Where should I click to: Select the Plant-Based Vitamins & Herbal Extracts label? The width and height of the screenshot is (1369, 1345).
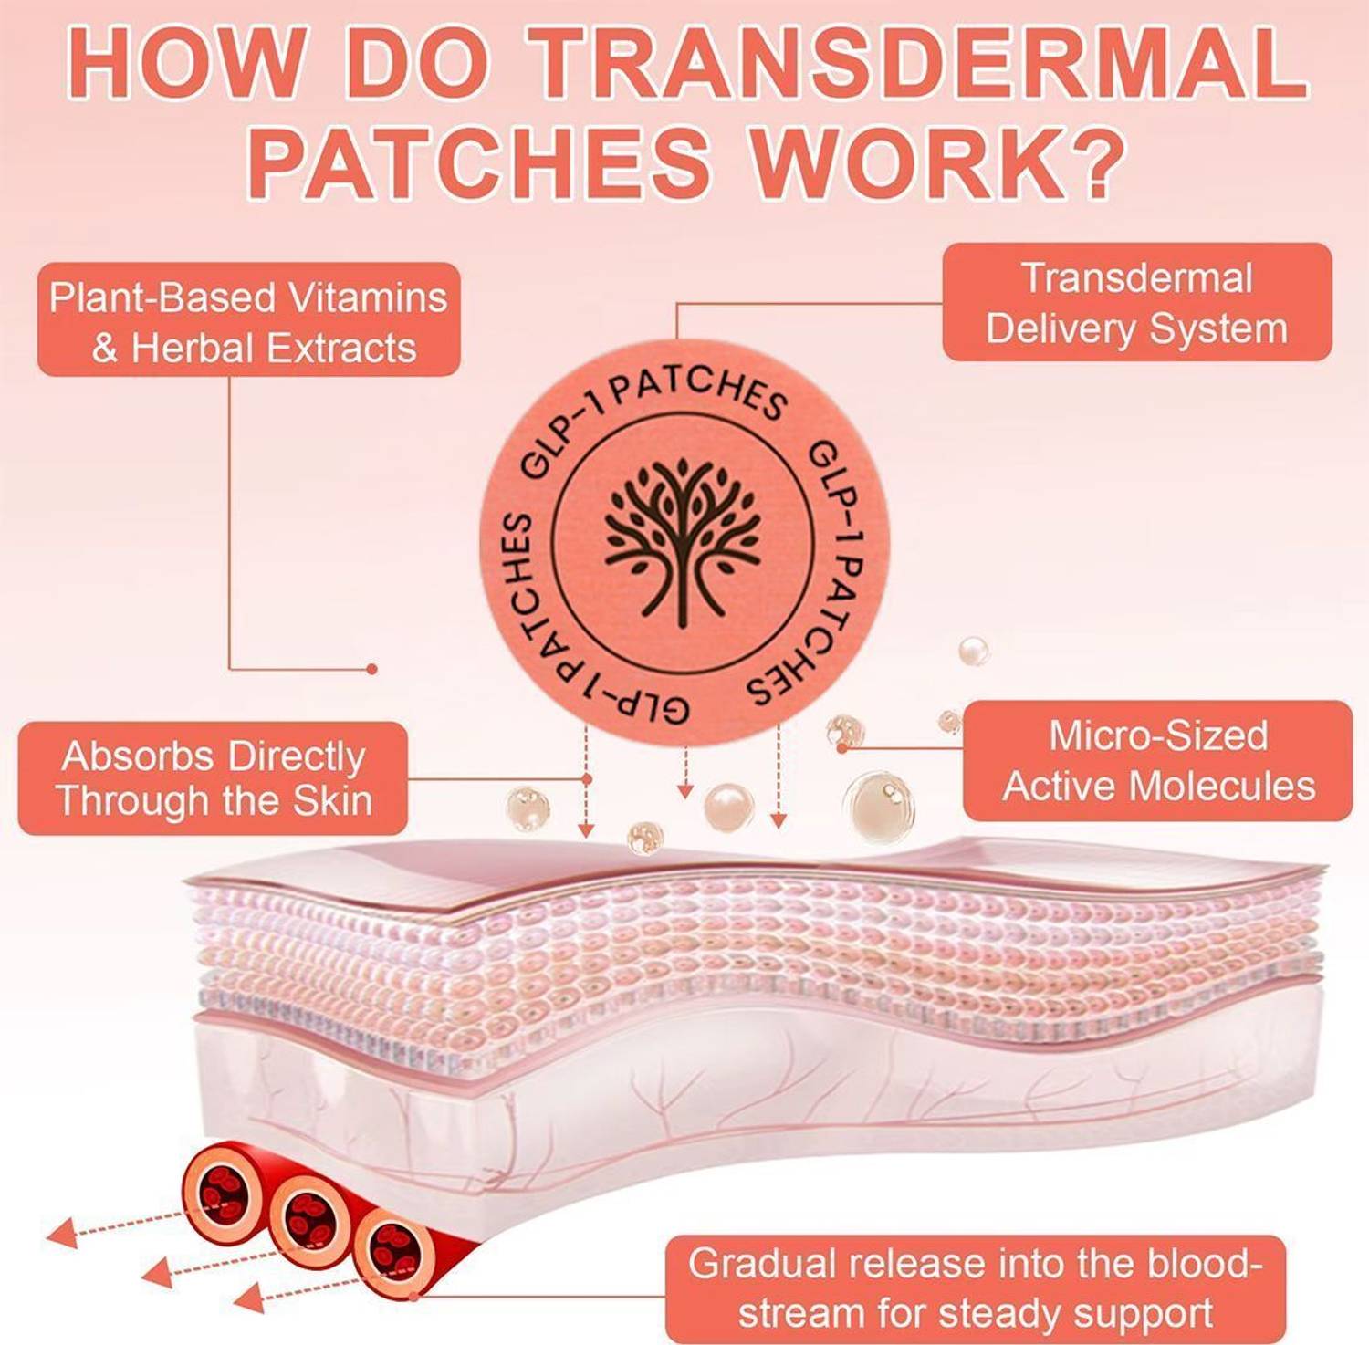coord(248,320)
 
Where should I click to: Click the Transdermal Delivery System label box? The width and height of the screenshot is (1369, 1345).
coord(1136,302)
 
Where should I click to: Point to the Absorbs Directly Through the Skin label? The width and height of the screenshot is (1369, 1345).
coord(213,778)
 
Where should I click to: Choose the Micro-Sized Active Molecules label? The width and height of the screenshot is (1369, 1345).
coord(1157,761)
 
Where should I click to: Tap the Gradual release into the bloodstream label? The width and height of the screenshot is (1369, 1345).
coord(975,1288)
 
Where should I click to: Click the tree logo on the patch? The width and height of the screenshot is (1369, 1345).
coord(682,542)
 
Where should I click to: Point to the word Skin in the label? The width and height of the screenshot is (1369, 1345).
coord(332,801)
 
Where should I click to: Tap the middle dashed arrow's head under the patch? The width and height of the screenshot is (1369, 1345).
coord(684,791)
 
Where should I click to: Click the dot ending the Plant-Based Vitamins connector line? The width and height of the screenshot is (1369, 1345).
coord(371,669)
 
